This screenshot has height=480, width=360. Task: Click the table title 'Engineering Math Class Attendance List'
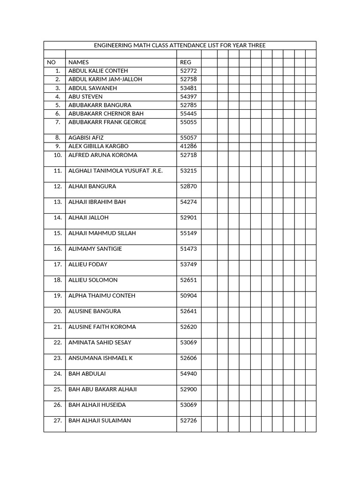tap(180, 45)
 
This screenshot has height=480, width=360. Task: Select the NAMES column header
tap(78, 62)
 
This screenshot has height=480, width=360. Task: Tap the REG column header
tap(186, 62)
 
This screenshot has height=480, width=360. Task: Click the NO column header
tap(51, 62)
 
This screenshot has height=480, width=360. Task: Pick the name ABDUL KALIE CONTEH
tap(98, 71)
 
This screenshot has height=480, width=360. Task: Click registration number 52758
tap(188, 79)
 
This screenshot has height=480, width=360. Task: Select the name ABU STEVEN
tap(85, 97)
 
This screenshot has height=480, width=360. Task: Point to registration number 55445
tap(188, 113)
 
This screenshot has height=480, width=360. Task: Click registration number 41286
tap(188, 146)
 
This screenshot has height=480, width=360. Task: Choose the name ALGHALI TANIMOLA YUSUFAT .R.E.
tap(115, 171)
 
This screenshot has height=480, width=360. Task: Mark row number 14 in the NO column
tap(58, 217)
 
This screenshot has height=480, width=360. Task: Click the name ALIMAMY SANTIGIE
tap(95, 249)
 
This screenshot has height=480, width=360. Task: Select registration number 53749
tap(188, 264)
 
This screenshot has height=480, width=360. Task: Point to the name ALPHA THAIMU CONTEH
tap(102, 296)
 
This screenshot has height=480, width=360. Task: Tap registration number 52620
tap(188, 327)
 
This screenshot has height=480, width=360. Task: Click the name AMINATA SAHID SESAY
tap(100, 343)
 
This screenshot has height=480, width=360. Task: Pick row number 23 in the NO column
tap(58, 358)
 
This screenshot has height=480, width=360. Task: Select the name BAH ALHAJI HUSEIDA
tap(97, 405)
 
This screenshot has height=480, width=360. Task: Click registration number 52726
tap(188, 420)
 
